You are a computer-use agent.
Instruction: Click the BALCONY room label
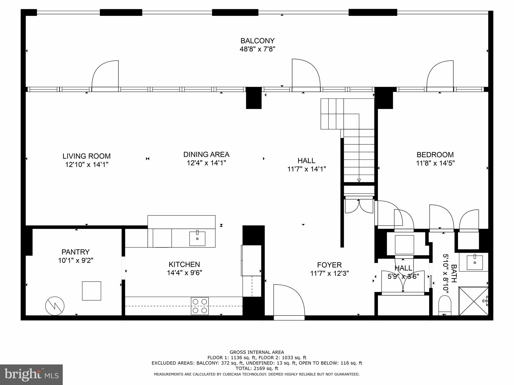258,41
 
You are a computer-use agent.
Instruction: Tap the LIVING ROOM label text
87,156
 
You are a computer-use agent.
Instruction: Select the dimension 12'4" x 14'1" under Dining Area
206,163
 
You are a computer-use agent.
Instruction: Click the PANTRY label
76,252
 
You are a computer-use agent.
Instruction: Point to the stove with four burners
200,306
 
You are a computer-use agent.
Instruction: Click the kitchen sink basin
197,239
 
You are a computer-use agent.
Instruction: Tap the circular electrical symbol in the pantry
55,306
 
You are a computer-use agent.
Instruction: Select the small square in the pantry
92,291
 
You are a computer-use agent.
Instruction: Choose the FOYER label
329,265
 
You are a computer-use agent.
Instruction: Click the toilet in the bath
444,305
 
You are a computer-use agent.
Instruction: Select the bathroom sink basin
475,262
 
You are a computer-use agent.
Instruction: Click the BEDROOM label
435,155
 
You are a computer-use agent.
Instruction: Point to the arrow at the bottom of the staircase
359,180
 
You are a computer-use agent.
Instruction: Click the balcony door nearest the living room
105,75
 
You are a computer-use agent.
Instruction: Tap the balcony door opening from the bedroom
440,75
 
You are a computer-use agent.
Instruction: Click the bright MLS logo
31,374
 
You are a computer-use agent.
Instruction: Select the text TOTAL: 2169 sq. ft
257,368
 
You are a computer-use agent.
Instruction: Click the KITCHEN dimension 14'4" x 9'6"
184,273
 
